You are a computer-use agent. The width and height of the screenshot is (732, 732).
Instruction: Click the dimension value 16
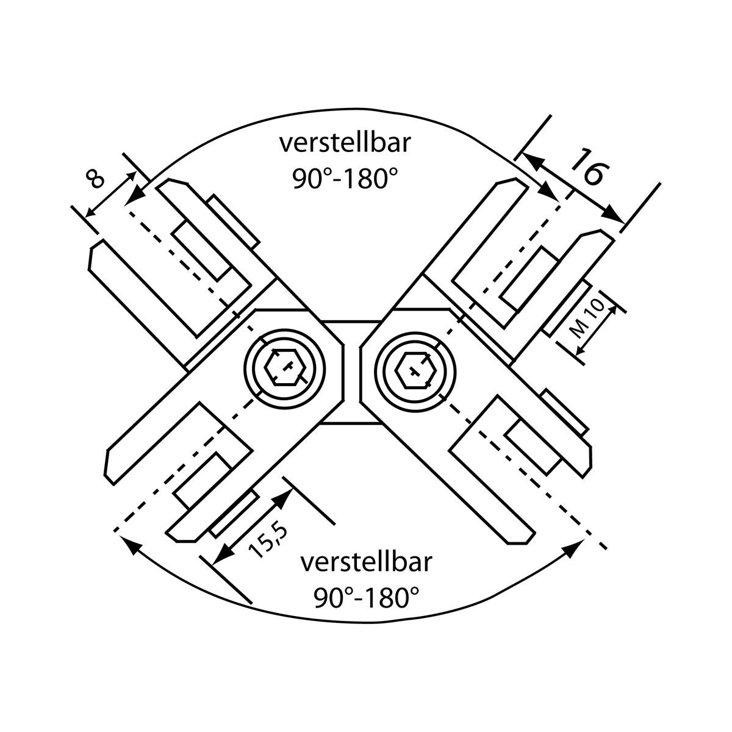click(x=590, y=168)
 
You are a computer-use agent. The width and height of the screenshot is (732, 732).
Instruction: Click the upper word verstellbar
click(x=345, y=143)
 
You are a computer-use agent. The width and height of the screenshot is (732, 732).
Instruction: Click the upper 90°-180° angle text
click(x=345, y=179)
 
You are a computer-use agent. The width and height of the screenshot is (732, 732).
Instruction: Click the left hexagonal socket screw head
click(x=285, y=367)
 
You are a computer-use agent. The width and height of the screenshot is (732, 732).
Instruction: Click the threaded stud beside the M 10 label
click(x=564, y=309)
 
